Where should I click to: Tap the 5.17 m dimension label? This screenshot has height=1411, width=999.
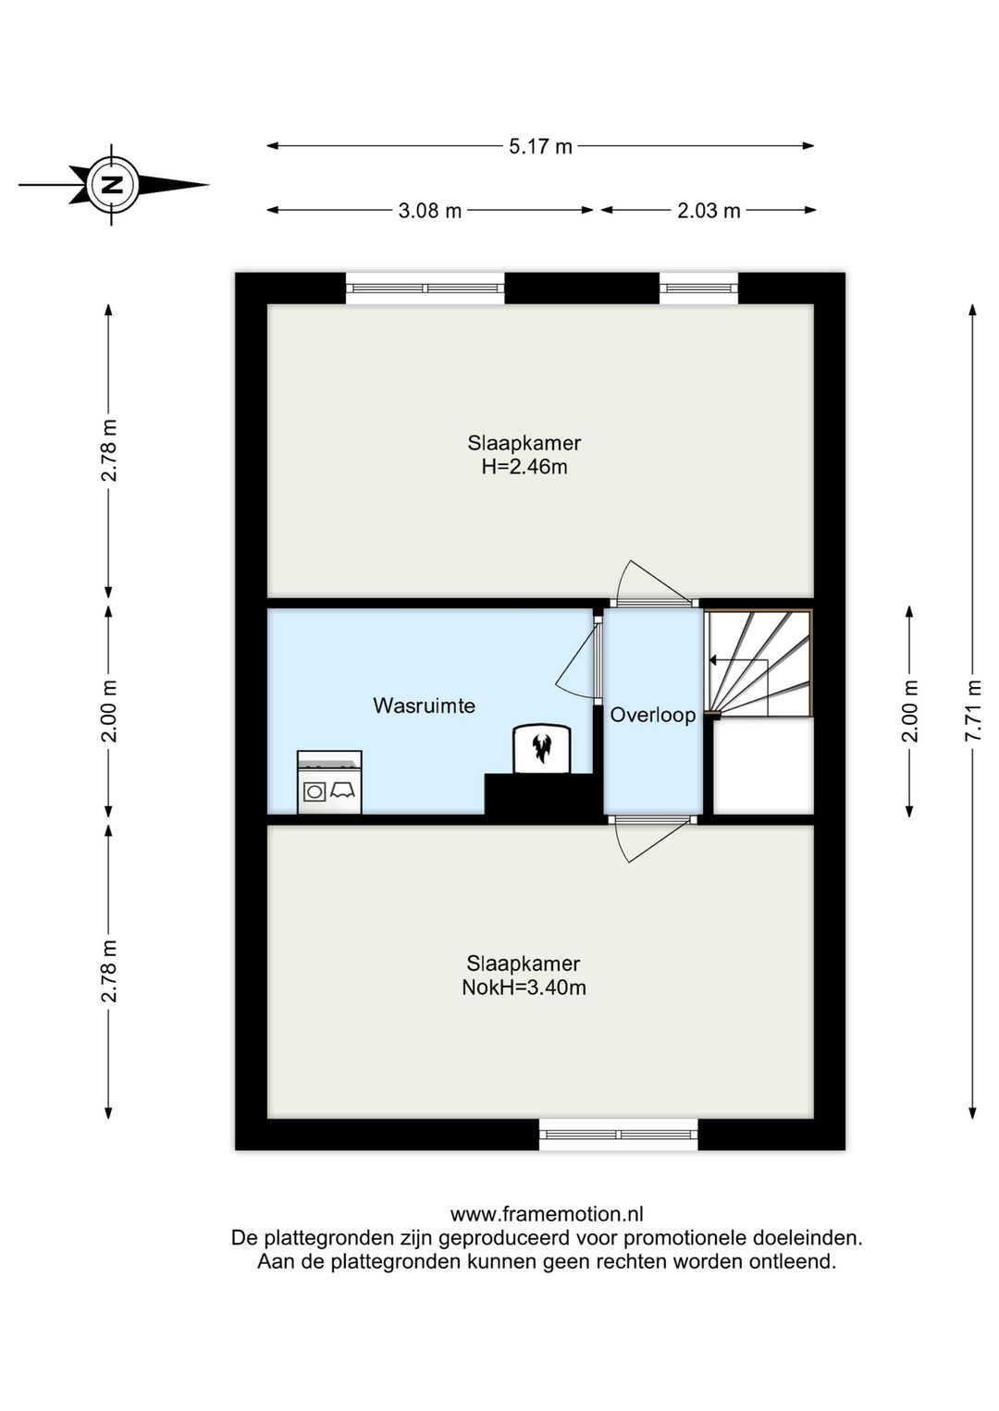tap(540, 146)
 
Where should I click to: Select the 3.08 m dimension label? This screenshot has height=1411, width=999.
tap(430, 211)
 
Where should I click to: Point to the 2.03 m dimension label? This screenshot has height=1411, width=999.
tap(709, 211)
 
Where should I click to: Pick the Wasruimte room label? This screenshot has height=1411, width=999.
tap(425, 705)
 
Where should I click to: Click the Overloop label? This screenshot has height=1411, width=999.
tap(653, 715)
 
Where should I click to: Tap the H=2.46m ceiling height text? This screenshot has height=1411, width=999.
tap(524, 467)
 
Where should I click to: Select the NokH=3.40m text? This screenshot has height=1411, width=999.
tap(524, 988)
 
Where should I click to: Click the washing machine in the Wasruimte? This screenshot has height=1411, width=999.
tap(329, 781)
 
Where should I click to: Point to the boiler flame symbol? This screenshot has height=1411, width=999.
tap(541, 748)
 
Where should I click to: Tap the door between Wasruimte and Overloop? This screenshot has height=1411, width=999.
tap(578, 656)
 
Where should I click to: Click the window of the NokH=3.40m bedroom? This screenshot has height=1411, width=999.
tap(618, 1134)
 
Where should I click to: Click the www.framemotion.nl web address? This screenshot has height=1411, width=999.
tap(547, 1214)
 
